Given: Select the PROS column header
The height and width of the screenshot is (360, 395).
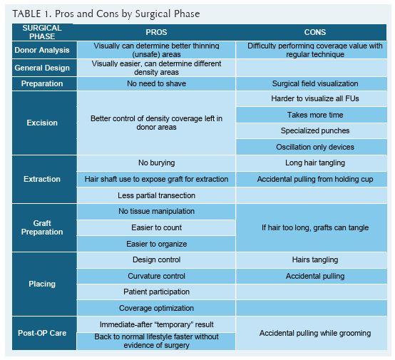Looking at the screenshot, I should click(x=155, y=32).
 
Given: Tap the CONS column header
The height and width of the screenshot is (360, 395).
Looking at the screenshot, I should click(x=315, y=32).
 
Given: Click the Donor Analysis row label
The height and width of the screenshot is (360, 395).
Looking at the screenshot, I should click(x=43, y=50).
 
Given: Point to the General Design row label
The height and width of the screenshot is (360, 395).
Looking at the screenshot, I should click(x=43, y=68).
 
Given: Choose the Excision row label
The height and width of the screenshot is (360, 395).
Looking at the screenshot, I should click(x=43, y=123).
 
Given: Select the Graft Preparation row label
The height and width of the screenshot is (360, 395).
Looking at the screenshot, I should click(x=43, y=227).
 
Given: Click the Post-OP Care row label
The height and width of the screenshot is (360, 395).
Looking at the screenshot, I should click(x=43, y=333).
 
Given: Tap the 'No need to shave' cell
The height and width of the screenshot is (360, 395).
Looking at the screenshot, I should click(x=155, y=83).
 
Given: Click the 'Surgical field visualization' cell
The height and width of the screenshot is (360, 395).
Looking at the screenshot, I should click(x=315, y=83).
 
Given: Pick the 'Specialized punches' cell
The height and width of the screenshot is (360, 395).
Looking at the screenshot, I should click(x=315, y=130).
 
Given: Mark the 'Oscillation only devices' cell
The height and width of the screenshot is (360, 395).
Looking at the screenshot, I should click(x=315, y=147).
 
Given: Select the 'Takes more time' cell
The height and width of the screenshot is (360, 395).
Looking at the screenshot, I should click(x=315, y=115).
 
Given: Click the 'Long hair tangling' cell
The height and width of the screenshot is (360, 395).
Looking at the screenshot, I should click(x=315, y=163).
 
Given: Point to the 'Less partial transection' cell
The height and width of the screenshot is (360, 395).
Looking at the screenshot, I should click(x=155, y=195).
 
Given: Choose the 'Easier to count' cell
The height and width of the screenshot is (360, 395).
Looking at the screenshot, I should click(x=155, y=227).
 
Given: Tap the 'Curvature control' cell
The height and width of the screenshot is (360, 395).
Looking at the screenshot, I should click(x=155, y=276).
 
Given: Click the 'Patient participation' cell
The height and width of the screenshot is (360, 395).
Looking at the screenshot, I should click(x=155, y=292).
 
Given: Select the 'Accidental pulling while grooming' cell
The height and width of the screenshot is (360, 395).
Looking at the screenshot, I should click(x=315, y=333).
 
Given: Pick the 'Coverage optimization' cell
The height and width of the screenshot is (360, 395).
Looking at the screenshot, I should click(x=155, y=308).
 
